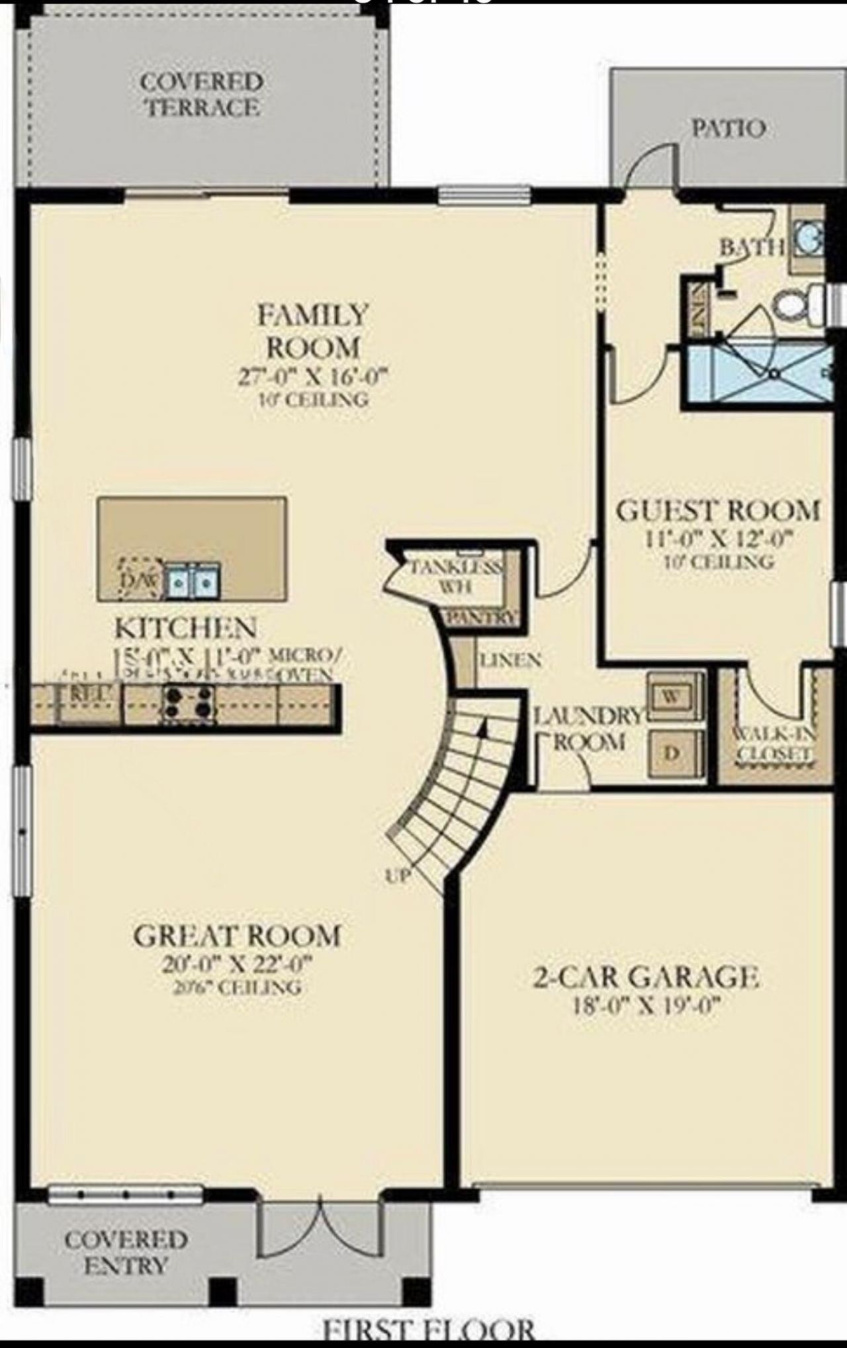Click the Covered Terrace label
pos(201,94)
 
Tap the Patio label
pos(729,128)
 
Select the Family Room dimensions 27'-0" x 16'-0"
pos(312,376)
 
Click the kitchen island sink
pos(193,582)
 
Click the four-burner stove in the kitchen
pos(189,702)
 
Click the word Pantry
pos(481,617)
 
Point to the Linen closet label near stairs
pos(510,660)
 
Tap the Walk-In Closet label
pos(774,743)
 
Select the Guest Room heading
pos(718,510)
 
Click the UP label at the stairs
pos(398,876)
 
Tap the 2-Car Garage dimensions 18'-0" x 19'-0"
pos(645,1007)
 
